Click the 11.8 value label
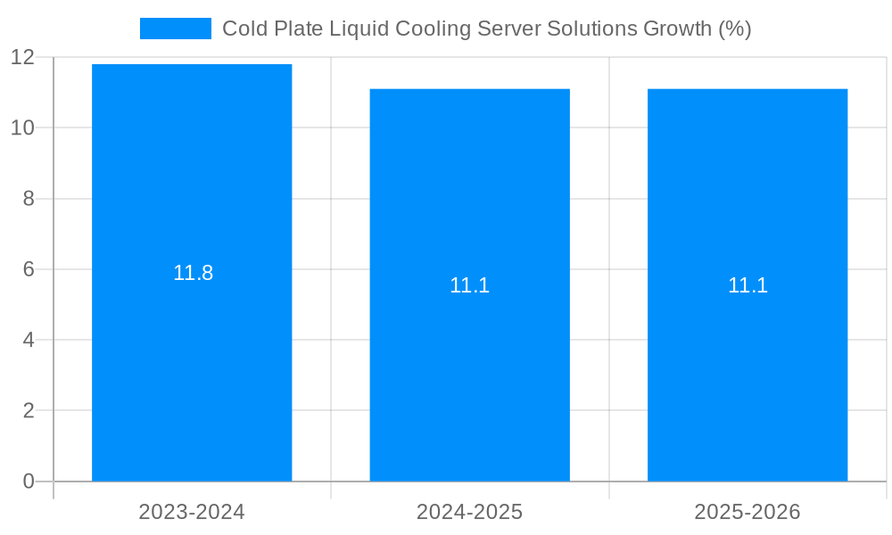click(193, 273)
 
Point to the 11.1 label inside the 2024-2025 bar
click(469, 285)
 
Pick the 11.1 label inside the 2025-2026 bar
click(747, 285)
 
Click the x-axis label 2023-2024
click(192, 512)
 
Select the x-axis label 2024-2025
click(469, 512)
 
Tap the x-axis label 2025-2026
click(747, 512)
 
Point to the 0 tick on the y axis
click(29, 481)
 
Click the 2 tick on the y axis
click(29, 411)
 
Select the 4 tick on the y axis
click(29, 340)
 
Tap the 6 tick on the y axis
click(29, 269)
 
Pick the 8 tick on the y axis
click(29, 199)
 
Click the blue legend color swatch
click(176, 29)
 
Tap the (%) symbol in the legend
click(735, 29)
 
